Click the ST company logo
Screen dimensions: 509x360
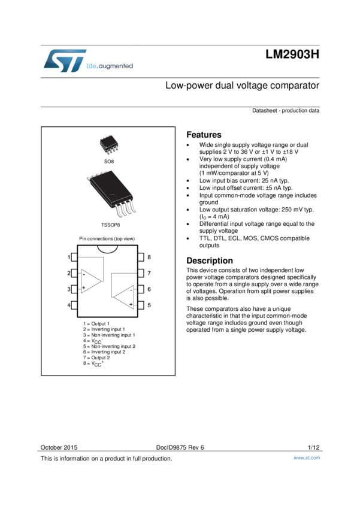pyautogui.click(x=65, y=61)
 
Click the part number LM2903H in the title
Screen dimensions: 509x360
pyautogui.click(x=292, y=55)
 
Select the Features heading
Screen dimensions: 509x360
pyautogui.click(x=204, y=135)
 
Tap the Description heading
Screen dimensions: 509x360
pyautogui.click(x=209, y=260)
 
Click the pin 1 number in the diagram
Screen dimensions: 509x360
pyautogui.click(x=69, y=257)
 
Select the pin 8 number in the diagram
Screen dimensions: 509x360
pyautogui.click(x=149, y=257)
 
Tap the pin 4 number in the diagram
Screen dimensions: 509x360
pyautogui.click(x=69, y=305)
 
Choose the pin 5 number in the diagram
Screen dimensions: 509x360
pyautogui.click(x=149, y=305)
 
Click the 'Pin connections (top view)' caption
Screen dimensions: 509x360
pyautogui.click(x=107, y=239)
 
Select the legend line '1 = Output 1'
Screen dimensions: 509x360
pyautogui.click(x=96, y=324)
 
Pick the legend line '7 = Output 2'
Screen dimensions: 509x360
pyautogui.click(x=96, y=357)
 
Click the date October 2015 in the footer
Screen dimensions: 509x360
pyautogui.click(x=59, y=447)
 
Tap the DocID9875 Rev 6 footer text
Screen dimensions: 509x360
pyautogui.click(x=180, y=447)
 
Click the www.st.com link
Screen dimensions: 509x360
pyautogui.click(x=306, y=458)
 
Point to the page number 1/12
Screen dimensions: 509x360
pyautogui.click(x=313, y=447)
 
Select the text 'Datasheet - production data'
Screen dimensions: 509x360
pyautogui.click(x=285, y=111)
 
